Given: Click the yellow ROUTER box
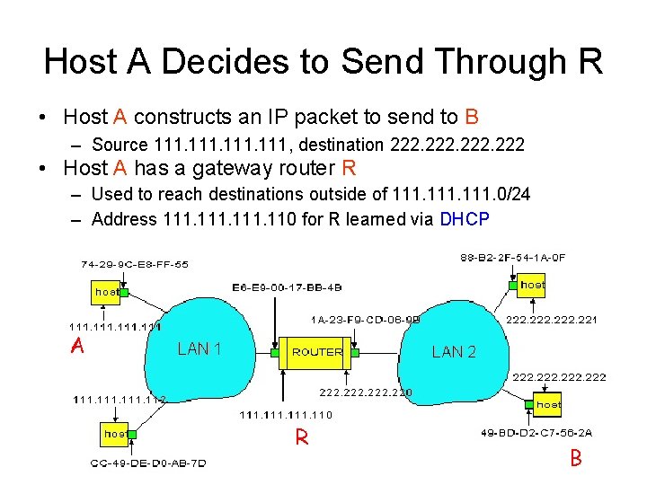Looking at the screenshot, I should tap(317, 352).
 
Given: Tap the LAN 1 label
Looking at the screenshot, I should tap(199, 348).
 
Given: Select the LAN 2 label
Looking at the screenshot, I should tap(454, 351).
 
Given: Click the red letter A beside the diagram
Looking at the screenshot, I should tap(78, 347).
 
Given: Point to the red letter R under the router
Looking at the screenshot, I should tap(302, 438).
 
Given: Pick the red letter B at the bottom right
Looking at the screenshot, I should tap(576, 458).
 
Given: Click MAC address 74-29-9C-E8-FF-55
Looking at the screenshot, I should tap(135, 265).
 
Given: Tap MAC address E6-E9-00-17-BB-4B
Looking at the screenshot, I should tap(287, 287).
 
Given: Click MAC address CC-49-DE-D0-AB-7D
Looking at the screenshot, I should tap(148, 463).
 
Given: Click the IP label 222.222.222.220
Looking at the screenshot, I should tap(366, 392).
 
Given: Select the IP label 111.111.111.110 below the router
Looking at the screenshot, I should tap(286, 415).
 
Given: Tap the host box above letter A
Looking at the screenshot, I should tap(107, 292).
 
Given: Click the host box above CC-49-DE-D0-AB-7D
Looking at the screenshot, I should tap(114, 434).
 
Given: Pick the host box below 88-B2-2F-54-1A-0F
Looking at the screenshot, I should tap(532, 285).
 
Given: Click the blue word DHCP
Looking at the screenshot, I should tap(465, 219).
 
